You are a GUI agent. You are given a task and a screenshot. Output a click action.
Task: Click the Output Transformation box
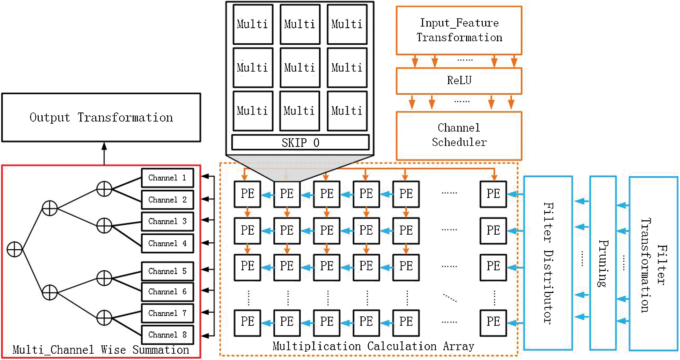tap(101, 117)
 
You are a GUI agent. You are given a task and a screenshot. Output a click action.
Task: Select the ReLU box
tap(459, 81)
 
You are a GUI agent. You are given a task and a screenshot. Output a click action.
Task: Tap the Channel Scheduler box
tap(459, 135)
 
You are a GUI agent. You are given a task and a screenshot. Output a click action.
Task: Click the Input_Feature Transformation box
tap(459, 30)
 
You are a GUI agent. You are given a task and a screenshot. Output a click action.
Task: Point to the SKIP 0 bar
tap(300, 142)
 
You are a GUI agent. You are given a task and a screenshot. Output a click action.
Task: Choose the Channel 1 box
tap(168, 178)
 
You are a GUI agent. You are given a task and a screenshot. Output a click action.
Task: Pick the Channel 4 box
tap(168, 243)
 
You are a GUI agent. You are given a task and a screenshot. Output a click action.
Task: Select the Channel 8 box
tap(168, 335)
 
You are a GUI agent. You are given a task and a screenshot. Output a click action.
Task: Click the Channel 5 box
tap(168, 271)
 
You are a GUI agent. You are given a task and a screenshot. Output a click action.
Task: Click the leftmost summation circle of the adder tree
tap(15, 249)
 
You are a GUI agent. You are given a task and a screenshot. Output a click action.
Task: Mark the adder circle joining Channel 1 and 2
tap(104, 189)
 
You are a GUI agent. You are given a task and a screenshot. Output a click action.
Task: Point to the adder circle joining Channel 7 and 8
tap(104, 318)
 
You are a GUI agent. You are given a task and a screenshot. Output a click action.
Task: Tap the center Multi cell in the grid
tap(300, 67)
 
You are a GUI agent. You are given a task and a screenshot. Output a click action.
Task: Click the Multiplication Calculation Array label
tap(373, 346)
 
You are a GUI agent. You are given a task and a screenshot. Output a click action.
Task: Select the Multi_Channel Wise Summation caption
tap(101, 350)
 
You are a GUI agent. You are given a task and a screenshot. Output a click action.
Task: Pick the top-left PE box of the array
tap(247, 194)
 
